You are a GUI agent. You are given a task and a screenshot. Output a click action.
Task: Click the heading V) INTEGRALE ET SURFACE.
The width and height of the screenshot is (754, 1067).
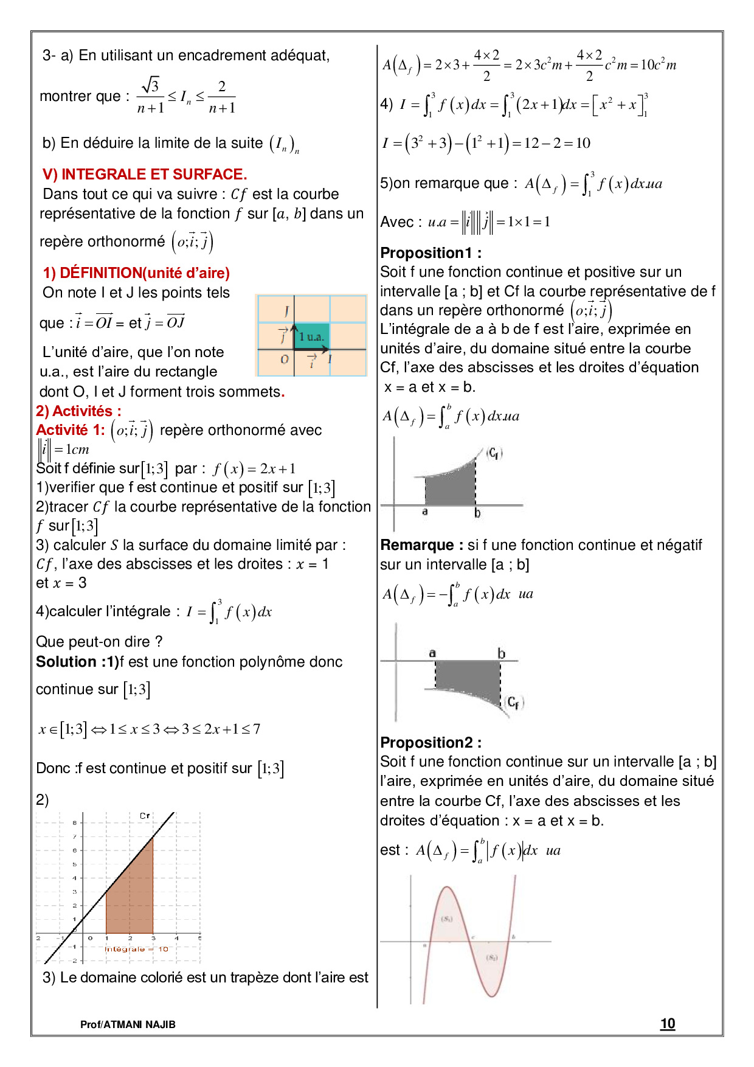(x=145, y=175)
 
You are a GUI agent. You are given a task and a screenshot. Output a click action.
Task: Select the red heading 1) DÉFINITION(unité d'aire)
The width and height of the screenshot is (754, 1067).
(x=136, y=273)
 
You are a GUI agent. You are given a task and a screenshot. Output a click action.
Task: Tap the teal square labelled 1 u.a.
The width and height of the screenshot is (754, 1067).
(x=311, y=337)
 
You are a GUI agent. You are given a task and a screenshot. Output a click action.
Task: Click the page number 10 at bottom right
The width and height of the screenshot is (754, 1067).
(x=668, y=1024)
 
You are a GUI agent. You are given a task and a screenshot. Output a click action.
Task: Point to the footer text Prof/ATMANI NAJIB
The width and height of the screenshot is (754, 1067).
(x=128, y=1024)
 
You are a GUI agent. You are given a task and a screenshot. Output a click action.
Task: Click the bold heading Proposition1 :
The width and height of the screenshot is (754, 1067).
(x=431, y=253)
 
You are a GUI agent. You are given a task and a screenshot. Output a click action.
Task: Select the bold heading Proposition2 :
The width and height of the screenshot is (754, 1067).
(x=431, y=743)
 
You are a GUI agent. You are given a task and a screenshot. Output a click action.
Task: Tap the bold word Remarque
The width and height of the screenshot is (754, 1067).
(x=417, y=545)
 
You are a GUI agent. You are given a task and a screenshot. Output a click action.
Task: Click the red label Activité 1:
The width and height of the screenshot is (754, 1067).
(x=71, y=430)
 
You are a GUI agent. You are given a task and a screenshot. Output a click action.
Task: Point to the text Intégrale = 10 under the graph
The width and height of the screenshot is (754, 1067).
(x=137, y=949)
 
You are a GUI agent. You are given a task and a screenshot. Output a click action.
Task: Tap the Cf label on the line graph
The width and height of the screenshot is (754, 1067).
(x=145, y=816)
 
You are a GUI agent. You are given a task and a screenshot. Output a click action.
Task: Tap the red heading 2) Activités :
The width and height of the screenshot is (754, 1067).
(x=78, y=411)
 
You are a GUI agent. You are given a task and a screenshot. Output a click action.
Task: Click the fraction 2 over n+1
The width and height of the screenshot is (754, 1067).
(x=222, y=97)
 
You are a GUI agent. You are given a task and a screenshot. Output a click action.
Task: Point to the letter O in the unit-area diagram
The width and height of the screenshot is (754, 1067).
(x=284, y=360)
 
